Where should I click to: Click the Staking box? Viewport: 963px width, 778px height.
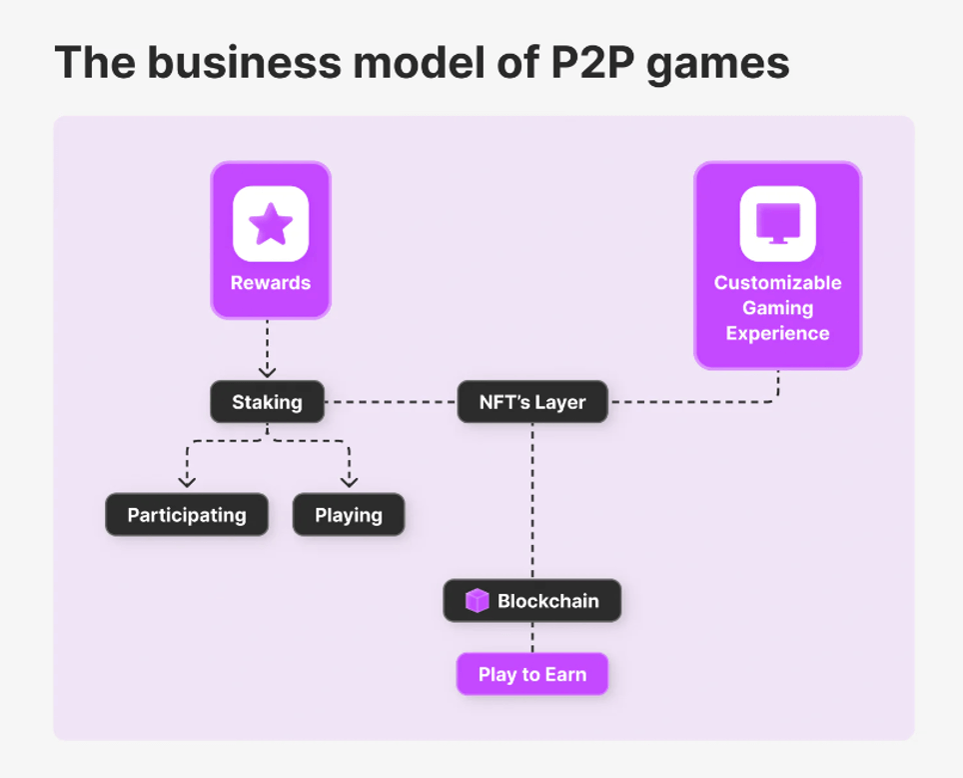[267, 402]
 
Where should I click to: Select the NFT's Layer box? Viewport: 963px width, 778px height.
[532, 402]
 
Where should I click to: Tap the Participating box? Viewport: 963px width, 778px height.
[187, 515]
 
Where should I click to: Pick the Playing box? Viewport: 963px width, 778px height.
[349, 515]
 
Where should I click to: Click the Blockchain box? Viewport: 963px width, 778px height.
[532, 601]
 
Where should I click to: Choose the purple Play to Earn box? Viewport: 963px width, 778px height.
[532, 674]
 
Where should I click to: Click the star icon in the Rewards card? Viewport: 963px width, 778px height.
[271, 224]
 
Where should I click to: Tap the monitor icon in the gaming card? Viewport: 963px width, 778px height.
[777, 222]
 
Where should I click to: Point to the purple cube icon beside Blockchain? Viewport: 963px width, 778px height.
[478, 601]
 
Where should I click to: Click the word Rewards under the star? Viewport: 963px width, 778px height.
[271, 283]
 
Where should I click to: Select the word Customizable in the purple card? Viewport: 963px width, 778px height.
[777, 283]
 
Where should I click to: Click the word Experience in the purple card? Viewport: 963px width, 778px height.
[777, 334]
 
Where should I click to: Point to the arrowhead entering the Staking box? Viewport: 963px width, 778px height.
[267, 372]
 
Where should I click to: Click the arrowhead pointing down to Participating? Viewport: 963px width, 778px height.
[187, 483]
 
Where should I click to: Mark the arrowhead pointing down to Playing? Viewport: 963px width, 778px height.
[349, 483]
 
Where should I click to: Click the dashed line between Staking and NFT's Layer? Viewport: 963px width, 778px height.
[391, 402]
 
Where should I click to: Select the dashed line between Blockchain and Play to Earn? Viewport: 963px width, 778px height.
[532, 637]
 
